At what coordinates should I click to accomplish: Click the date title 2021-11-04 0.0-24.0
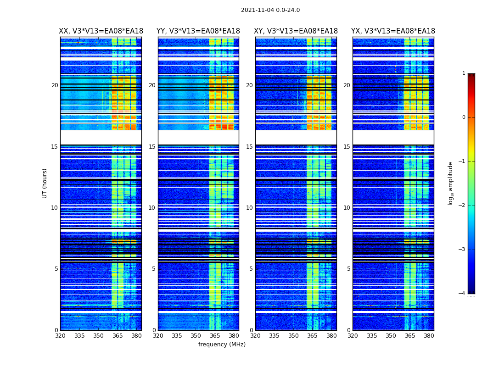(270, 10)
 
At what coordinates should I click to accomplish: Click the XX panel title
(101, 31)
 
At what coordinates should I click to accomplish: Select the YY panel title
(198, 31)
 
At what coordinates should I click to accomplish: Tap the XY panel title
(296, 31)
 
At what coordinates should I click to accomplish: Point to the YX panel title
(393, 31)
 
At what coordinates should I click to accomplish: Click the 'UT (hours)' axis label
(45, 183)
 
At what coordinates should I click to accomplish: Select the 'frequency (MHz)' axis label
(222, 345)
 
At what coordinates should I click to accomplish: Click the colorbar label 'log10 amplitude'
(451, 183)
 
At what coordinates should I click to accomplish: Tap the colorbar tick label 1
(464, 73)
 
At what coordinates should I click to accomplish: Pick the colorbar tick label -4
(462, 294)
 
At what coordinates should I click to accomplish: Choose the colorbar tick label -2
(462, 206)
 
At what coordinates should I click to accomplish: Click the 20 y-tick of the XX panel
(55, 85)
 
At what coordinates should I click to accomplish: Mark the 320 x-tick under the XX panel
(60, 336)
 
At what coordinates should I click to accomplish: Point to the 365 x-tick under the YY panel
(215, 336)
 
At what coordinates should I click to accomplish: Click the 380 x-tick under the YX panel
(429, 336)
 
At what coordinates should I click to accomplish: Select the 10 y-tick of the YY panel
(152, 208)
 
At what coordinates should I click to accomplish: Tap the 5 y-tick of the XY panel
(251, 269)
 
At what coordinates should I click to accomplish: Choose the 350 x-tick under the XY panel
(293, 336)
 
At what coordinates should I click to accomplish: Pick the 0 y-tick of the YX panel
(348, 330)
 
